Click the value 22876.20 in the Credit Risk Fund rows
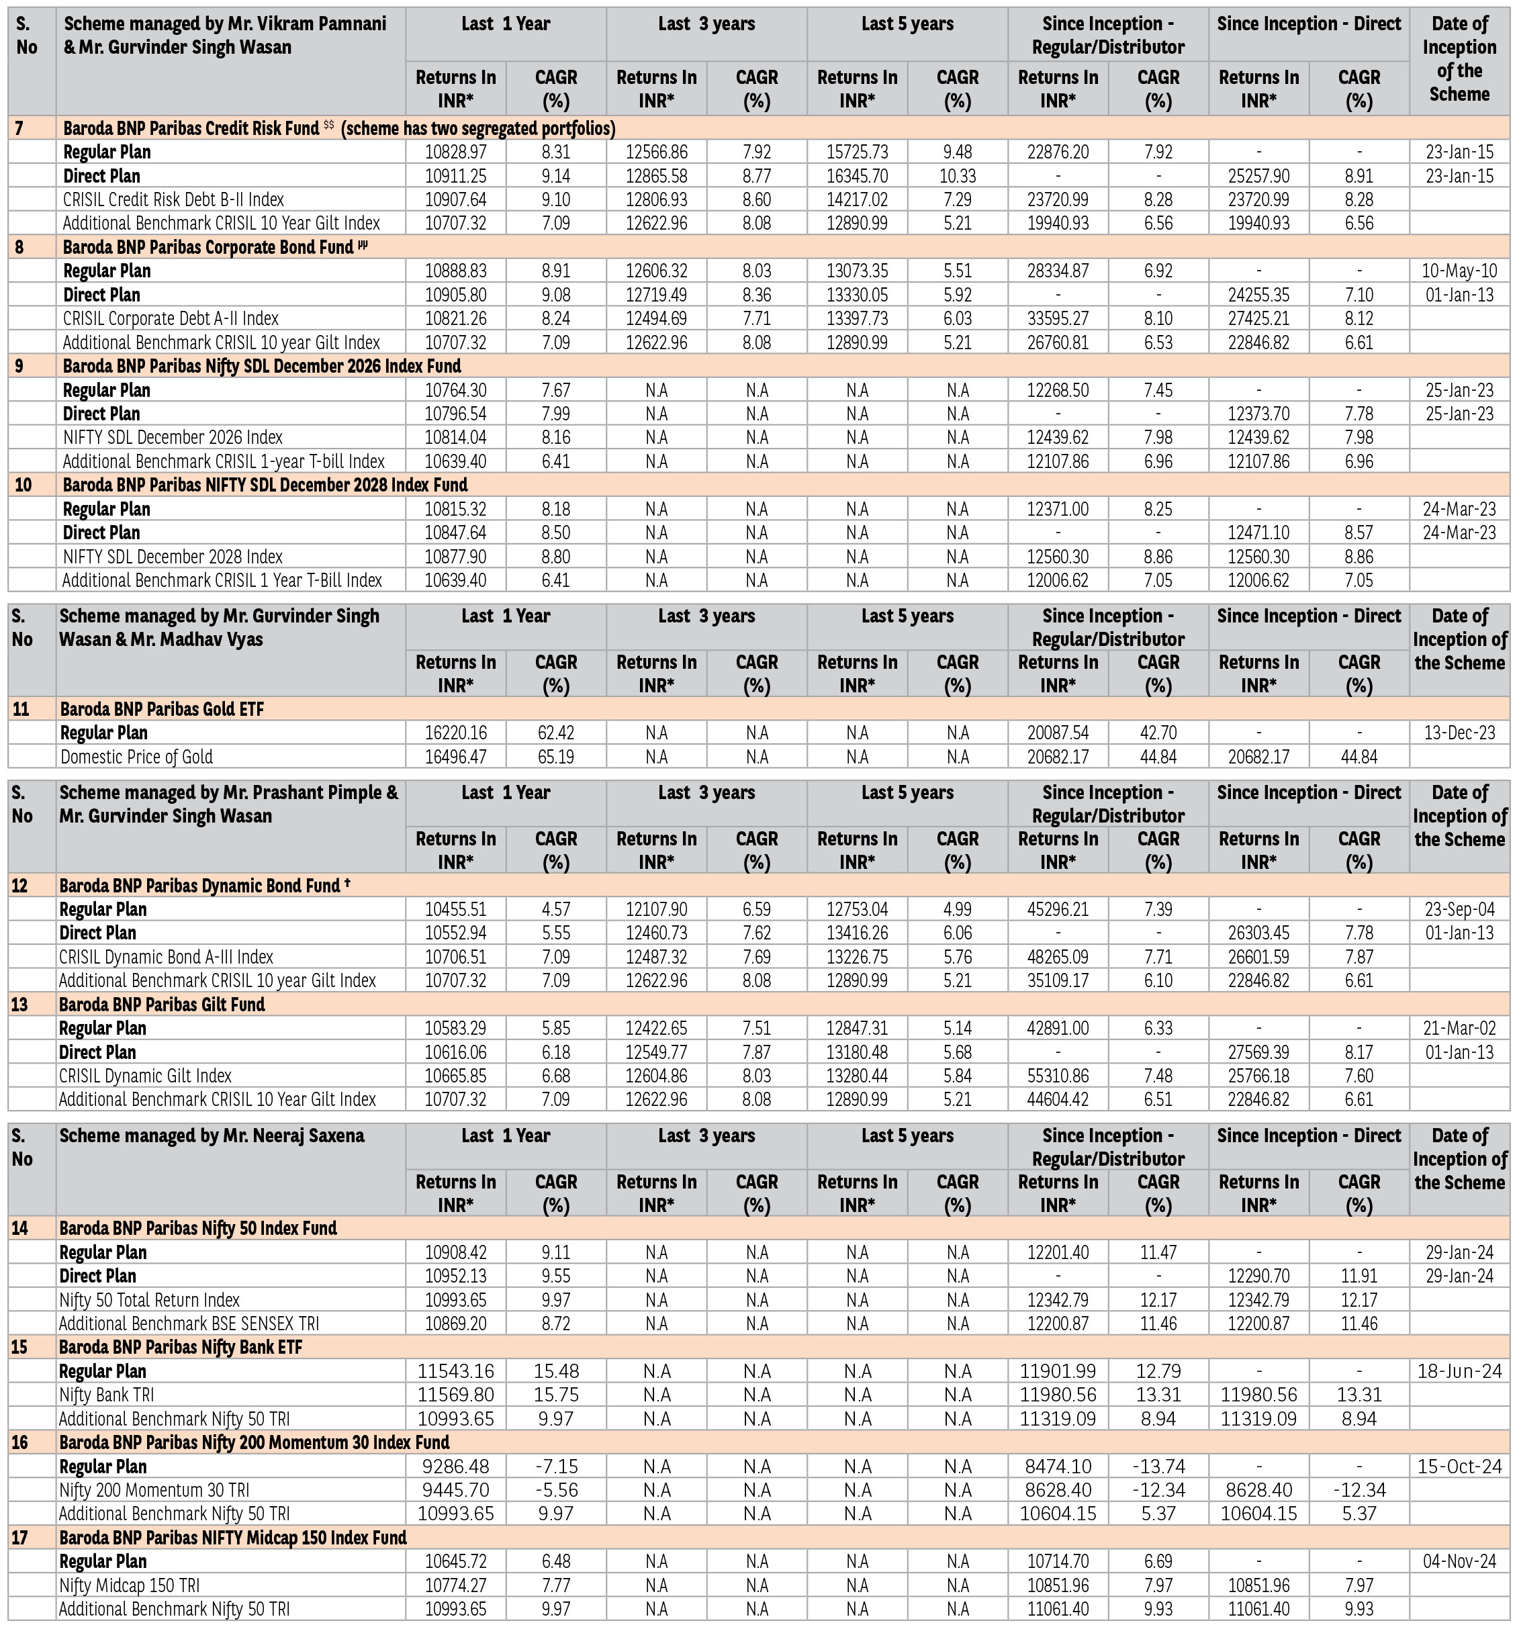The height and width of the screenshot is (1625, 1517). coord(1058,152)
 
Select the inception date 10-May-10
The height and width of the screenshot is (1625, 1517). coord(1459,271)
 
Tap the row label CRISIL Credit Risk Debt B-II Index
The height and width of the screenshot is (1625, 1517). coord(173,199)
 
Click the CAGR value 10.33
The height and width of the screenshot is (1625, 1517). coord(957,176)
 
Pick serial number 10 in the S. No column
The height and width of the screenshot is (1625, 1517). coord(24,485)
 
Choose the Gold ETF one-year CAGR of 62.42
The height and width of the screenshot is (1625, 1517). coord(556,733)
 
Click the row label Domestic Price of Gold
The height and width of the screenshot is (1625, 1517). coord(136,757)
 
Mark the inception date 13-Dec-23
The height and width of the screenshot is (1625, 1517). coord(1459,733)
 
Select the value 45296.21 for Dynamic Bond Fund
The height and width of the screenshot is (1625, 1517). coord(1058,909)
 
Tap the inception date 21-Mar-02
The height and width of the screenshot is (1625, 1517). coord(1459,1028)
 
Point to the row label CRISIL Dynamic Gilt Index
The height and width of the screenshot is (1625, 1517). coord(146,1076)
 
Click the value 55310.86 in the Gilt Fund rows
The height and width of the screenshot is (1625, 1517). coord(1058,1076)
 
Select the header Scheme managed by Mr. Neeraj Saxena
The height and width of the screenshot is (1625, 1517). coord(212,1135)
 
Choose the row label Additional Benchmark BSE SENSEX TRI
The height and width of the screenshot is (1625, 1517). coord(189,1324)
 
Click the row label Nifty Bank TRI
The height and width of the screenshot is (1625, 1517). coord(106,1395)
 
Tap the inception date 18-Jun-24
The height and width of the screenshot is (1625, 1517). coord(1459,1371)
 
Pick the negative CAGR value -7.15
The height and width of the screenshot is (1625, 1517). coord(556,1467)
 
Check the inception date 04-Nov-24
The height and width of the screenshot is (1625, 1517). coord(1459,1561)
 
